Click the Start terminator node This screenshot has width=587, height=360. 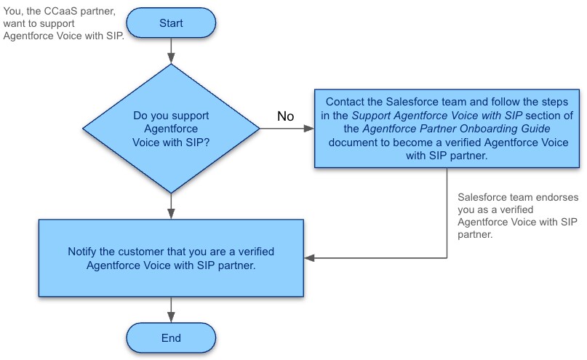171,23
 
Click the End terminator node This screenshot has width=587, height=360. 171,338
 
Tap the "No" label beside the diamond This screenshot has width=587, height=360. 286,116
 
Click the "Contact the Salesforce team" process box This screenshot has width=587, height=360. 447,129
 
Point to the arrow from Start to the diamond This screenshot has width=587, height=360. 171,51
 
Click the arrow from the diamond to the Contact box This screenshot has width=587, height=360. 287,129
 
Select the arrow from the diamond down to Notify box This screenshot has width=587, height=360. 171,207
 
